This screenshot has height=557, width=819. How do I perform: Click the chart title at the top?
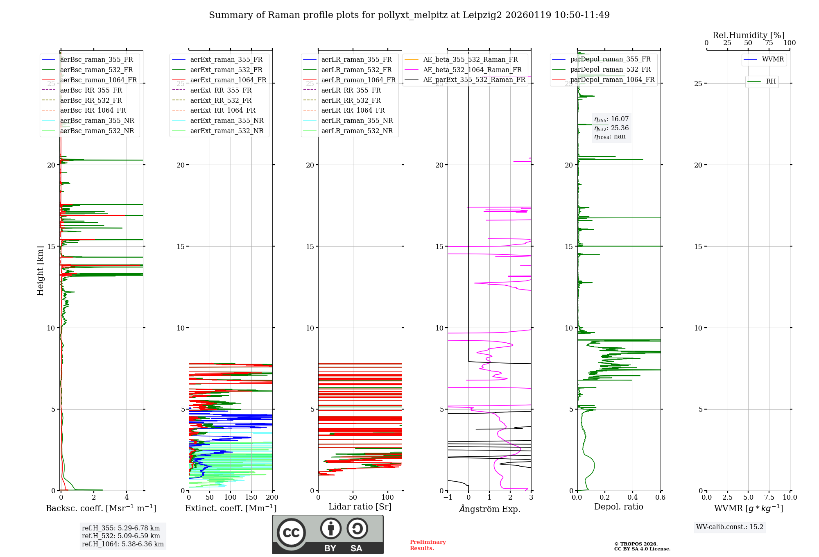click(x=409, y=15)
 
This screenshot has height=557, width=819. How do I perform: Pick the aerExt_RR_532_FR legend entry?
click(x=221, y=100)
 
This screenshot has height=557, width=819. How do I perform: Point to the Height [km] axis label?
click(x=40, y=270)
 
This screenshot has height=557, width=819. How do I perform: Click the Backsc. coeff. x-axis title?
click(x=101, y=508)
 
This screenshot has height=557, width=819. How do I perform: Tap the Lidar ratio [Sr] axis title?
click(x=360, y=507)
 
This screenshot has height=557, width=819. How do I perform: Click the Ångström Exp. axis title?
click(x=489, y=509)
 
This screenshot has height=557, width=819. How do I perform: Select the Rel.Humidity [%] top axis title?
click(x=748, y=35)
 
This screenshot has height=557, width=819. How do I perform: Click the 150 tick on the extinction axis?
click(x=251, y=497)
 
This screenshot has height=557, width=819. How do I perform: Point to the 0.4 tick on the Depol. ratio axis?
click(x=633, y=497)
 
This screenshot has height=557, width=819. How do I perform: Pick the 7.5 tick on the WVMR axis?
click(x=769, y=497)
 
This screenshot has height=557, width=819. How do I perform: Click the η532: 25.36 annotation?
click(x=611, y=128)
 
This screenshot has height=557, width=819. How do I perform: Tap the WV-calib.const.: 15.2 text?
click(x=730, y=527)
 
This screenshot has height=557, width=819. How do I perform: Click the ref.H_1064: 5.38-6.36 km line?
click(x=123, y=544)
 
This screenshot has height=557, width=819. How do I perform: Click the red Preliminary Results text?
click(x=428, y=545)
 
